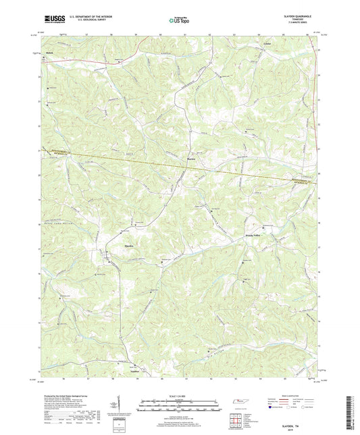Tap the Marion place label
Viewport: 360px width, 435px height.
point(191,159)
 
